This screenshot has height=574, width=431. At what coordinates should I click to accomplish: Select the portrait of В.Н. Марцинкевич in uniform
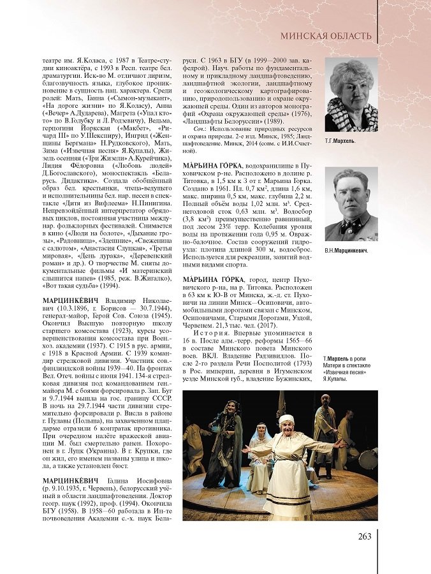[x=351, y=204]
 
